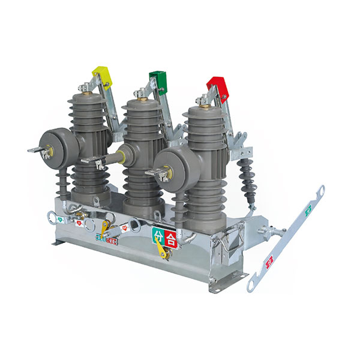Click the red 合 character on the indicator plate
[x=171, y=235]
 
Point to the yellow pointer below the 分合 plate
[x=161, y=248]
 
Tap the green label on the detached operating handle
[x=308, y=210]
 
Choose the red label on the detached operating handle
[x=269, y=261]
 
